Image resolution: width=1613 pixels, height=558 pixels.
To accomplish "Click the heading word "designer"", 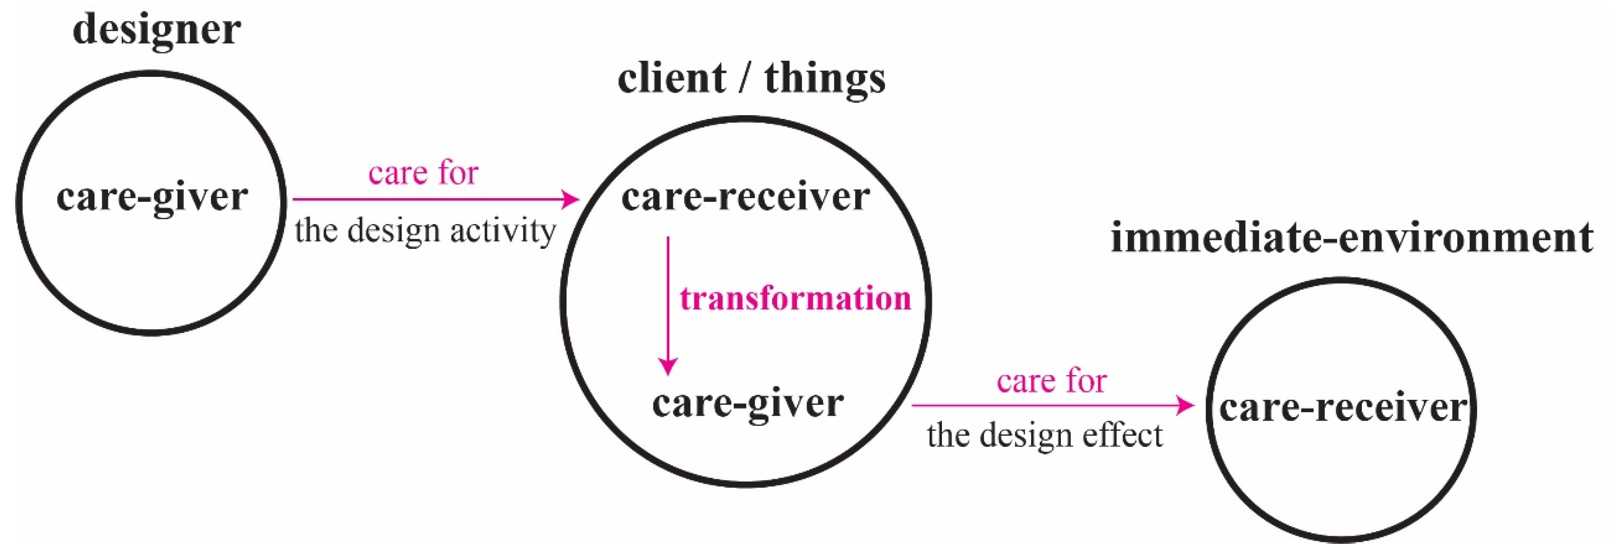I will pyautogui.click(x=156, y=30).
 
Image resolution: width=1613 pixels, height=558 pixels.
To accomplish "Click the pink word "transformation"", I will pyautogui.click(x=795, y=299).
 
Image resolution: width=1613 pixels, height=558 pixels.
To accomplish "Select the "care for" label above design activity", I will pyautogui.click(x=423, y=173).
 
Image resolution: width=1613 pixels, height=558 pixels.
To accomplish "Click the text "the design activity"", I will pyautogui.click(x=425, y=231).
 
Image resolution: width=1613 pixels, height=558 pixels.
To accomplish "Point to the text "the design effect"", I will pyautogui.click(x=1044, y=436).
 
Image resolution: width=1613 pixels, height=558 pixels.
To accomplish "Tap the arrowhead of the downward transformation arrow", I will pyautogui.click(x=668, y=366).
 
